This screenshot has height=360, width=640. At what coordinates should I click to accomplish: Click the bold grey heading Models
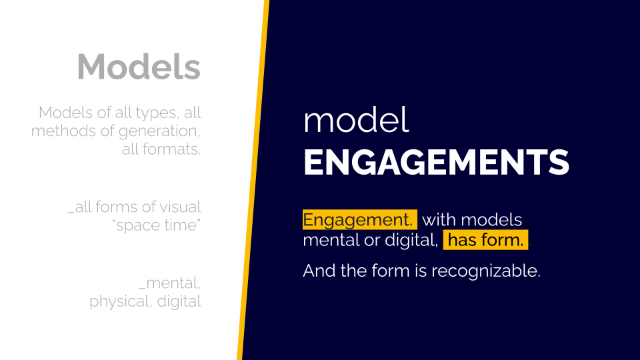(139, 67)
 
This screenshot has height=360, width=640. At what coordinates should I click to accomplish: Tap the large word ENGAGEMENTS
(436, 163)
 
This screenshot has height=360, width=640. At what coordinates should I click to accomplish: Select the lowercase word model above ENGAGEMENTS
(356, 120)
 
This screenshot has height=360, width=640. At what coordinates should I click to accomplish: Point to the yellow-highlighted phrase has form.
(486, 240)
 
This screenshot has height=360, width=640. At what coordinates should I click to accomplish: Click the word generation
(159, 131)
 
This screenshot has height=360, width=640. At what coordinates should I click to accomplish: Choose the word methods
(64, 131)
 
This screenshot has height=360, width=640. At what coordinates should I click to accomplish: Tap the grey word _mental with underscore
(169, 283)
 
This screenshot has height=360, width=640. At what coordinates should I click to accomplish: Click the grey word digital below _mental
(179, 301)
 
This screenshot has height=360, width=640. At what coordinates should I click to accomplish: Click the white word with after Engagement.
(439, 220)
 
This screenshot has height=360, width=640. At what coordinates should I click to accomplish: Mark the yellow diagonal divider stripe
(253, 180)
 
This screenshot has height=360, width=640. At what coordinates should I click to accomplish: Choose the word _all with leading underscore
(79, 207)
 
